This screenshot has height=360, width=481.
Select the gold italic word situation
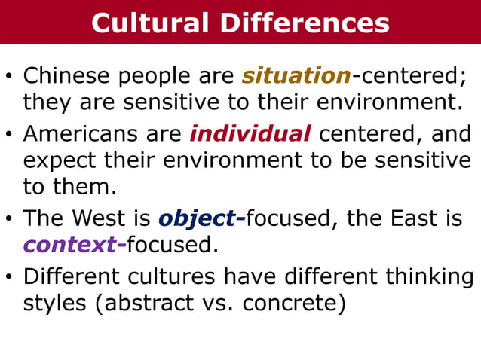coord(296,76)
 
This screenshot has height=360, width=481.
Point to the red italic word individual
coord(250,135)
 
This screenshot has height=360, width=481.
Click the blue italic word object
coord(197,218)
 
